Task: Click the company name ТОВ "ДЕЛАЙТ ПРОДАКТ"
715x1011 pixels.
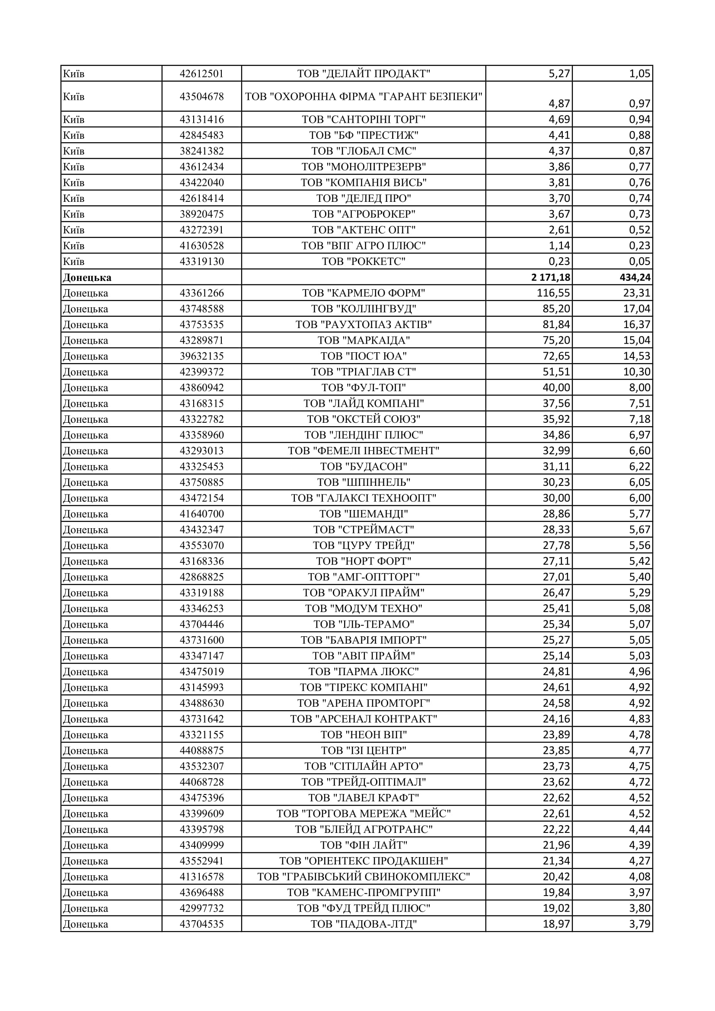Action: pyautogui.click(x=363, y=73)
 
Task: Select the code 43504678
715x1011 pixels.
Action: pyautogui.click(x=201, y=96)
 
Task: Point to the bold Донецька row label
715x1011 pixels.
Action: pyautogui.click(x=87, y=277)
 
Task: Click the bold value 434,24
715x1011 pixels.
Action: pyautogui.click(x=635, y=277)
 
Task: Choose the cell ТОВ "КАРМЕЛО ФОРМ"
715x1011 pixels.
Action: pyautogui.click(x=363, y=293)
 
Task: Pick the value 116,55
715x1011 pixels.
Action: pyautogui.click(x=553, y=293)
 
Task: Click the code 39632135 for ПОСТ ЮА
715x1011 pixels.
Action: pyautogui.click(x=201, y=356)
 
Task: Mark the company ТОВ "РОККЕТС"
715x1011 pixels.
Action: pyautogui.click(x=363, y=262)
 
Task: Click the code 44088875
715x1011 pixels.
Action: pyautogui.click(x=201, y=750)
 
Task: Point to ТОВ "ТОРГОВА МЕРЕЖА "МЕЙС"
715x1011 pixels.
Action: pyautogui.click(x=363, y=813)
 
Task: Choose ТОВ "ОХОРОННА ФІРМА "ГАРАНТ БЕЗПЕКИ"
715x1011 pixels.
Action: pyautogui.click(x=363, y=96)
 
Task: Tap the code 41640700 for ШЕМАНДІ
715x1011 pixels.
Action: pyautogui.click(x=201, y=514)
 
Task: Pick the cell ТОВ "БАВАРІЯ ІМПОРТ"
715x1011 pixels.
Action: pyautogui.click(x=363, y=640)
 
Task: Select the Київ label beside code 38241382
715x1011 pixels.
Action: pyautogui.click(x=73, y=151)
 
